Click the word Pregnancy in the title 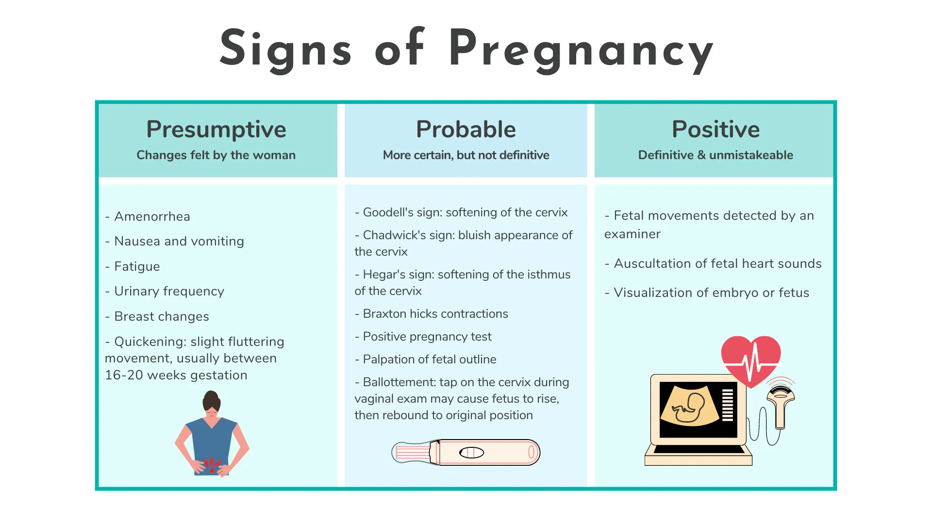point(581,50)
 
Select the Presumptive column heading point(216,130)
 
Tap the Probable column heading point(466,129)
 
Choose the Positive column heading point(716,129)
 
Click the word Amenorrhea point(152,216)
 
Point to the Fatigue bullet point(133,266)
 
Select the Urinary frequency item point(165,291)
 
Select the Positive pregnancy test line point(423,336)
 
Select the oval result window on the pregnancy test point(471,453)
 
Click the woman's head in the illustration point(212,403)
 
